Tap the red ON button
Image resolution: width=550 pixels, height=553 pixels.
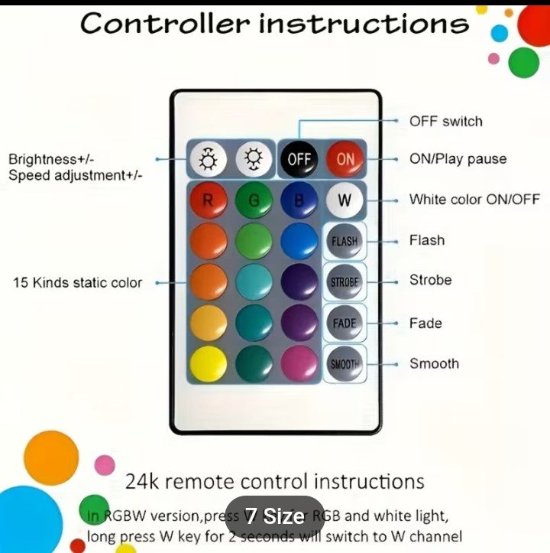tap(345, 160)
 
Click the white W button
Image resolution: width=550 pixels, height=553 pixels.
tap(345, 201)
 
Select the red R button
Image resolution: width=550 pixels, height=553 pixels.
tap(208, 201)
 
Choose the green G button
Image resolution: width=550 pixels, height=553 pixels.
tap(254, 201)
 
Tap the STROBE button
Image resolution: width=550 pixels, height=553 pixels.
tap(345, 281)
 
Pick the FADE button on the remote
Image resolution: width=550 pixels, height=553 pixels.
tap(345, 323)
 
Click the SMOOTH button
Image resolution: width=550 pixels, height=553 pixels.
tap(345, 364)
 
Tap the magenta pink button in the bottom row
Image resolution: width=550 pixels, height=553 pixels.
tap(299, 364)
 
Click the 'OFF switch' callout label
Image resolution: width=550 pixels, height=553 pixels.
tap(445, 121)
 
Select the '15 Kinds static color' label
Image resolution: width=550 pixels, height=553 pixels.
tap(77, 282)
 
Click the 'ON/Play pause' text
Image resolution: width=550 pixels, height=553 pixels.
tap(458, 159)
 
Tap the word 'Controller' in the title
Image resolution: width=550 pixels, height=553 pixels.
tap(163, 23)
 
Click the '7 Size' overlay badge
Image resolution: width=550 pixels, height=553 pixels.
tap(274, 516)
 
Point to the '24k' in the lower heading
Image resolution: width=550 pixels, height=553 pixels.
tap(142, 482)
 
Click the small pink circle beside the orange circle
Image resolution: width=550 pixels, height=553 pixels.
tap(105, 464)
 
